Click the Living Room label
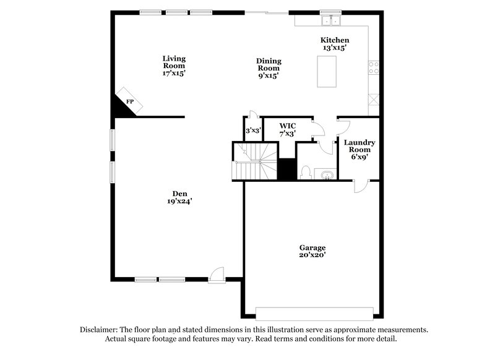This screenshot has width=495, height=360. pos(174,66)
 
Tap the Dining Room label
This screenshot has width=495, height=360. pos(269,68)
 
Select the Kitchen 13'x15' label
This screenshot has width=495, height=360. pos(334,44)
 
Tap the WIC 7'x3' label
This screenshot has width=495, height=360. pos(287,129)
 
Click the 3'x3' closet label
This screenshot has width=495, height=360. pos(252,131)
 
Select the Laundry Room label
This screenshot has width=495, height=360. pos(359,149)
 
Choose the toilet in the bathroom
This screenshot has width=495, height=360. pos(305,173)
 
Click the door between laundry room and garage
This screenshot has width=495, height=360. pos(359,185)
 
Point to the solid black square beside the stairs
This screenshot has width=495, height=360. pos(286,169)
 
